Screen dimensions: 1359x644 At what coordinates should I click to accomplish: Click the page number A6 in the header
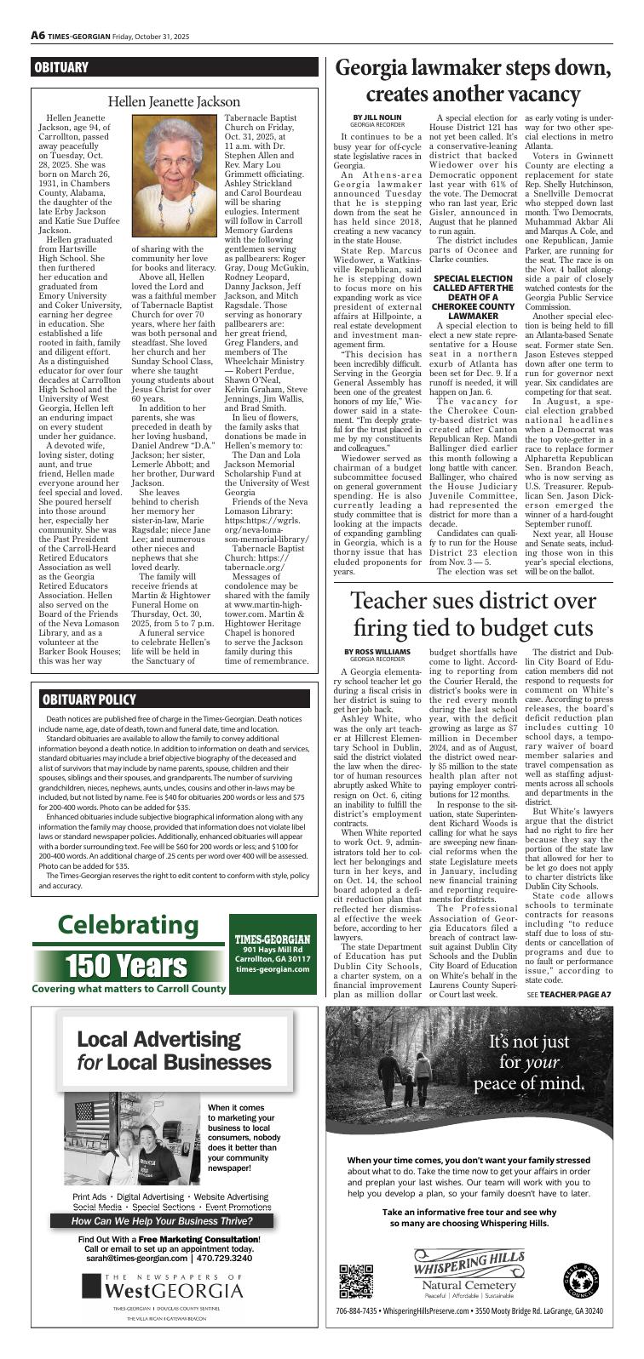tap(38, 35)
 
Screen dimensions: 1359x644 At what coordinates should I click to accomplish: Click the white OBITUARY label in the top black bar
tap(61, 67)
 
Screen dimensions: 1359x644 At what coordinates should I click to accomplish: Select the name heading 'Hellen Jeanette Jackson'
tap(174, 102)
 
